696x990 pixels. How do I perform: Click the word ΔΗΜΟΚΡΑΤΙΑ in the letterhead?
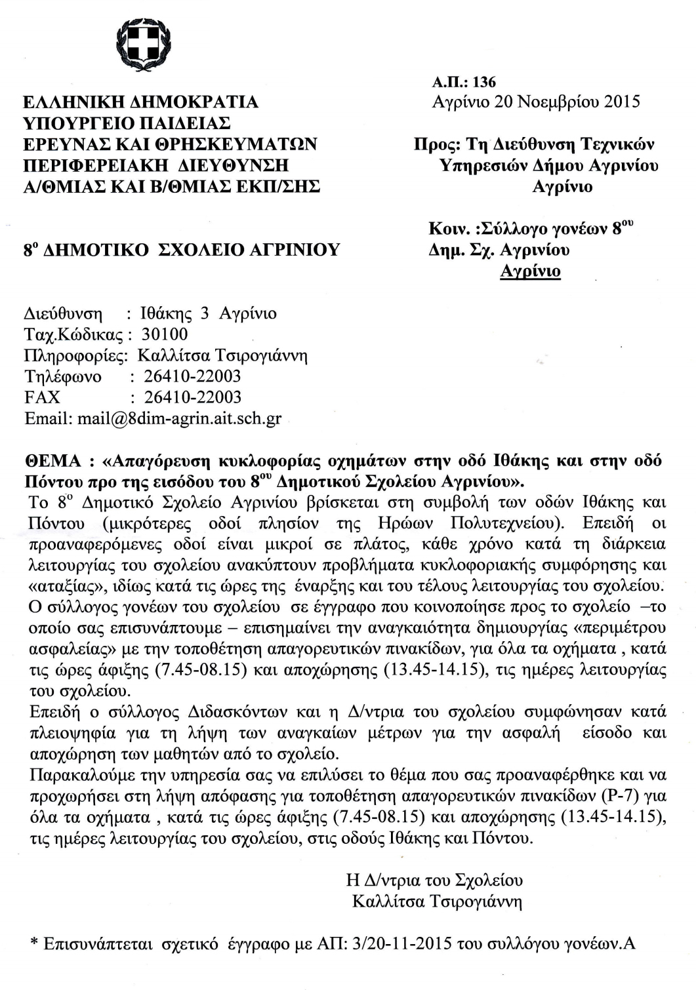pos(195,102)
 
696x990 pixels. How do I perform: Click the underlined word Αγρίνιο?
pos(530,271)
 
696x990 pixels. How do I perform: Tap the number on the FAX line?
pos(192,397)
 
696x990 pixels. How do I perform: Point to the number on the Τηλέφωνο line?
pos(192,376)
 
